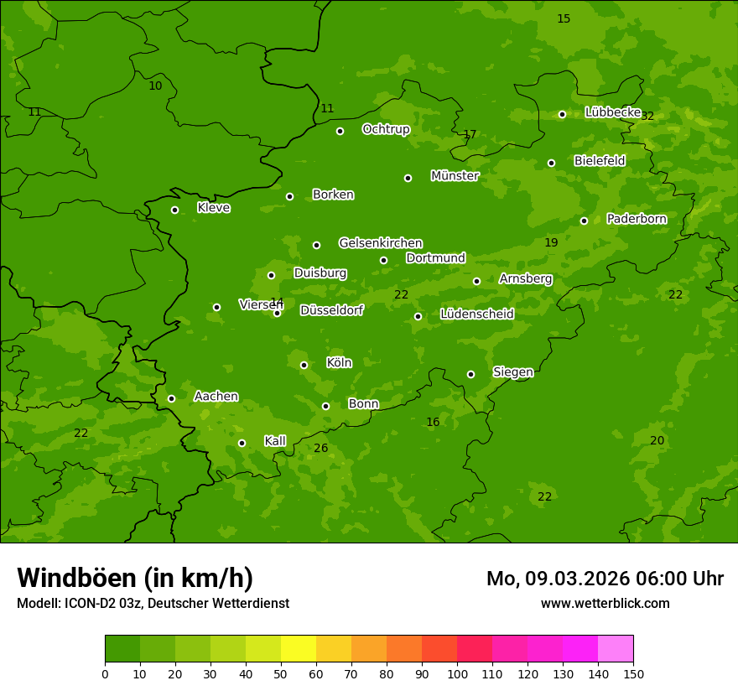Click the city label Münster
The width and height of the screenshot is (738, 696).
click(x=455, y=176)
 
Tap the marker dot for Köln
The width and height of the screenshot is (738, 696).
click(x=304, y=365)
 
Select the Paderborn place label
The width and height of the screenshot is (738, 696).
click(x=637, y=219)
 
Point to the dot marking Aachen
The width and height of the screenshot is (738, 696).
click(x=171, y=398)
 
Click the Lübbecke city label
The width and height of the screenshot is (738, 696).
click(x=613, y=112)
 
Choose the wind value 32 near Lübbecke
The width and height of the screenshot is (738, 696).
click(x=647, y=117)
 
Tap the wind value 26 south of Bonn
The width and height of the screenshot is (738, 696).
click(x=321, y=449)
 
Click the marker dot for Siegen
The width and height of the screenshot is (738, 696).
click(x=470, y=374)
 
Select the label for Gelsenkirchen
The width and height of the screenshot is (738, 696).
click(x=380, y=243)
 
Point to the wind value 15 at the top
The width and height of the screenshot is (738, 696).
click(x=564, y=18)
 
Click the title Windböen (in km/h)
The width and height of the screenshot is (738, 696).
click(x=135, y=578)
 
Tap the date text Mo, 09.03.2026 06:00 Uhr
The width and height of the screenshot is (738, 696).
click(x=605, y=579)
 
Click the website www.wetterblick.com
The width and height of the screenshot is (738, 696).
click(x=605, y=603)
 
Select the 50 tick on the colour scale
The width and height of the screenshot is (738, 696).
click(x=281, y=673)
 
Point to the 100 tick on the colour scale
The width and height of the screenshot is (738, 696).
click(x=457, y=673)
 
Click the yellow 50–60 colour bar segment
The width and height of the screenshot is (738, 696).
click(x=299, y=649)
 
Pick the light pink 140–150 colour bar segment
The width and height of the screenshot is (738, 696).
click(x=616, y=649)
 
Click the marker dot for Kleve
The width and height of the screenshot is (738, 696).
click(x=174, y=210)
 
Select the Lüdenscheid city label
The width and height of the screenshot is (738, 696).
click(x=476, y=314)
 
